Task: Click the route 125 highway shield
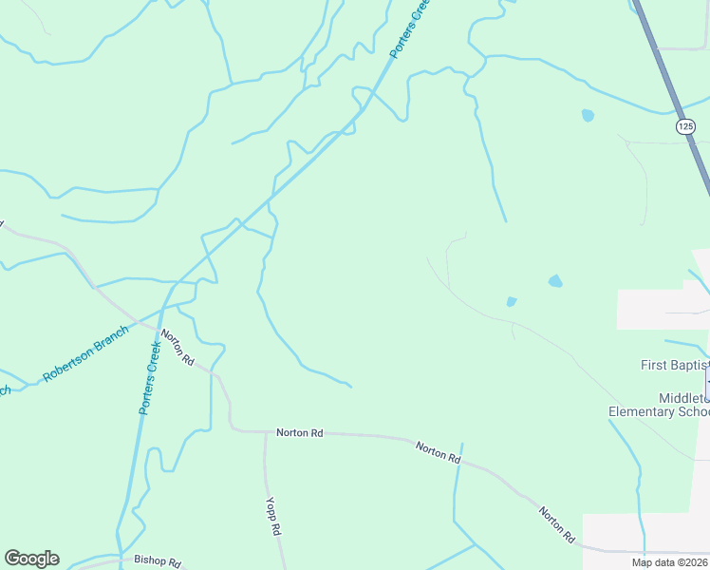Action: (685, 125)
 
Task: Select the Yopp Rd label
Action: (273, 515)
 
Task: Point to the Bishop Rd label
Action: (157, 560)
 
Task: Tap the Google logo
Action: (31, 559)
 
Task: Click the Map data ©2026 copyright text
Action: (670, 562)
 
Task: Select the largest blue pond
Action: (555, 281)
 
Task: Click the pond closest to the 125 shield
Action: (588, 116)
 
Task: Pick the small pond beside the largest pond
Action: (512, 302)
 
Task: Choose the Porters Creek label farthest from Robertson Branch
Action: (409, 29)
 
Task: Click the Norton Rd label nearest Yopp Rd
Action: (300, 433)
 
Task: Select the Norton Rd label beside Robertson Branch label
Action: (177, 348)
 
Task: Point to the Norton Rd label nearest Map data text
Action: (557, 524)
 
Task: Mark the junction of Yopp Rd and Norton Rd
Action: (265, 432)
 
